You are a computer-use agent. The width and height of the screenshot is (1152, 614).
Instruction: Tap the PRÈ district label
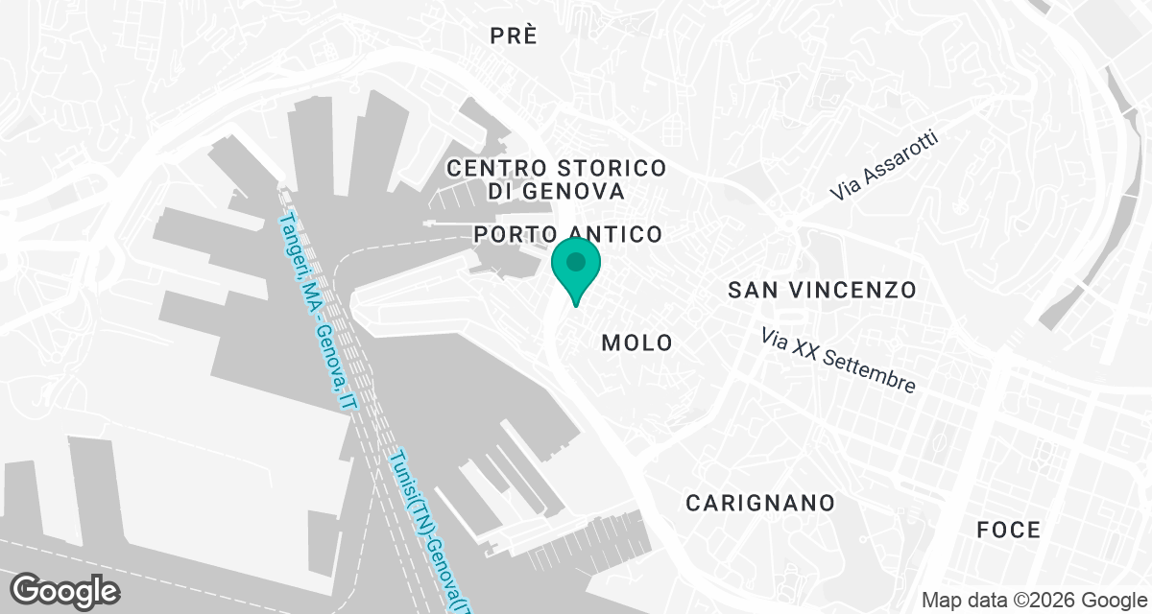pyautogui.click(x=513, y=36)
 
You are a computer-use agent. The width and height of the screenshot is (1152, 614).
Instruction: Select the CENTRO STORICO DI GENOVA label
pyautogui.click(x=557, y=179)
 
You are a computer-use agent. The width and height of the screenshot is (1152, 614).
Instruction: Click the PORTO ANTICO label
pyautogui.click(x=568, y=234)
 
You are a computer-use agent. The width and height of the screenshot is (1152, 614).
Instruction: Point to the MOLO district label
pyautogui.click(x=637, y=342)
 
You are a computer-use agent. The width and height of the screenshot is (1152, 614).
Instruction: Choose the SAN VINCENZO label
pyautogui.click(x=822, y=290)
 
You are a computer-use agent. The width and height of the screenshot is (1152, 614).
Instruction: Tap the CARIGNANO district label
pyautogui.click(x=759, y=503)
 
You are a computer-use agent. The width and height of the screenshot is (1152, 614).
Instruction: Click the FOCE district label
pyautogui.click(x=1008, y=530)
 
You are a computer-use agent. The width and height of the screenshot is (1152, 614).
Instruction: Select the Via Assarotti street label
pyautogui.click(x=884, y=167)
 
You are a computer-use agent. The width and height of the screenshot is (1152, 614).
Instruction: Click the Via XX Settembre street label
pyautogui.click(x=838, y=361)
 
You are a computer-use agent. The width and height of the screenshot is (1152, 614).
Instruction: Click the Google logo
pyautogui.click(x=64, y=590)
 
